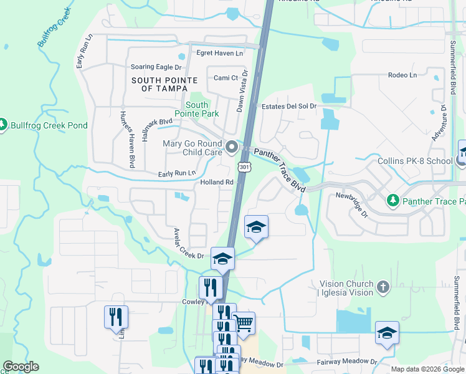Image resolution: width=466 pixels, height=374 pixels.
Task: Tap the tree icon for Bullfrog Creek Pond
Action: click(3, 125)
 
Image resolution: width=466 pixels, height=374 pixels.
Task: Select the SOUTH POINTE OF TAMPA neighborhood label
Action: click(164, 85)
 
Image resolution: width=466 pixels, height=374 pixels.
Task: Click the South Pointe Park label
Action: click(196, 110)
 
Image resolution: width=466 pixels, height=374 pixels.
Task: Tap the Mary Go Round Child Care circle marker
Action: click(232, 148)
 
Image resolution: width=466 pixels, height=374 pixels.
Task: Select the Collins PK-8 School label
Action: click(415, 161)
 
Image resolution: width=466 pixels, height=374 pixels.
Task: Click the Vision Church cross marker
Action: click(383, 287)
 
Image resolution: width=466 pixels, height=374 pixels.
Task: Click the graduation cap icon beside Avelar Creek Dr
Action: click(222, 258)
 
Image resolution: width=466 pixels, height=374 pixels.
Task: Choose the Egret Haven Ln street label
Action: click(219, 54)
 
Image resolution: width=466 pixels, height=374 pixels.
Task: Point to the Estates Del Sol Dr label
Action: click(289, 107)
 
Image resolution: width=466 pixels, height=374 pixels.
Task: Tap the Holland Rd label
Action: click(217, 183)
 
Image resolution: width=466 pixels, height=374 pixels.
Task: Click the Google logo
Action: click(21, 367)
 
